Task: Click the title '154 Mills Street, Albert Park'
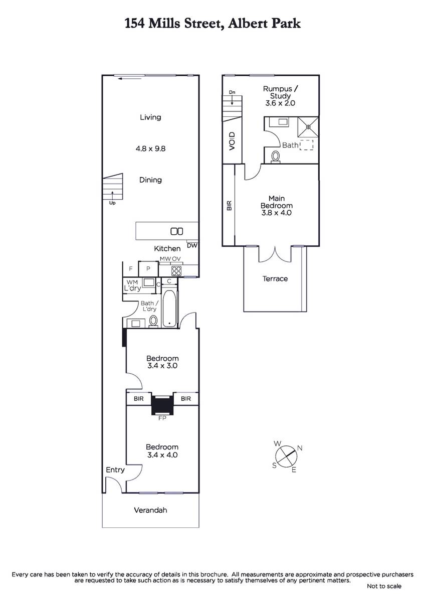tap(212, 24)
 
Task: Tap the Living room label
tap(150, 117)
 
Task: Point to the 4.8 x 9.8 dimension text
tap(150, 148)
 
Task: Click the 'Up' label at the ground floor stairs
tap(112, 203)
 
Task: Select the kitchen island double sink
tap(177, 231)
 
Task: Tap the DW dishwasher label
tap(192, 245)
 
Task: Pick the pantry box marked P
tap(148, 268)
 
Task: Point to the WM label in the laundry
tap(132, 282)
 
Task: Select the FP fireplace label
tap(162, 418)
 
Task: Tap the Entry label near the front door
tap(115, 470)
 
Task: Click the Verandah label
tap(150, 510)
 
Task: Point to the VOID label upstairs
tap(232, 141)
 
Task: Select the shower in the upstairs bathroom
tap(308, 126)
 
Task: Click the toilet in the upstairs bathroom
tap(276, 157)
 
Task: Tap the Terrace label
tap(275, 279)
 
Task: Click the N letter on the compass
tap(300, 448)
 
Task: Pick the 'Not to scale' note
tap(384, 586)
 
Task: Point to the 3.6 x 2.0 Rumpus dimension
tap(280, 103)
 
